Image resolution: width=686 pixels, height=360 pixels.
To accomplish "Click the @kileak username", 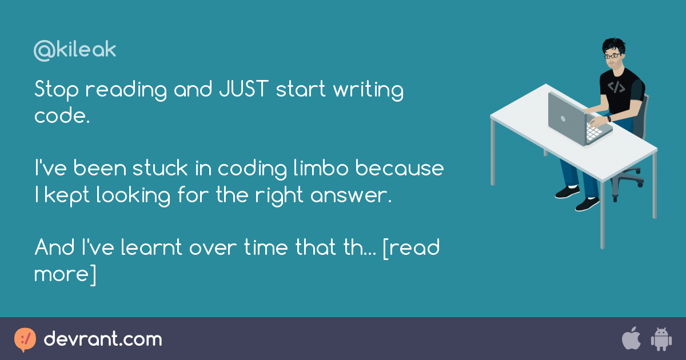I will (x=75, y=50).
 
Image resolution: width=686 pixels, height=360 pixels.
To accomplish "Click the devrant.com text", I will (x=103, y=339).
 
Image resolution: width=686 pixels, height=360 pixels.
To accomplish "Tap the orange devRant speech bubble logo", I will (x=25, y=339).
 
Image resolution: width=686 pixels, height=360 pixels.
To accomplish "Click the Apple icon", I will (x=631, y=339).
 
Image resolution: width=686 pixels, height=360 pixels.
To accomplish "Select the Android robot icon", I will (x=660, y=339).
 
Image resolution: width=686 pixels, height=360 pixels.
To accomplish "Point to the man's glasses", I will (x=612, y=56).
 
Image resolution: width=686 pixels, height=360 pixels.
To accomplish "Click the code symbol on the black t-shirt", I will (x=616, y=87).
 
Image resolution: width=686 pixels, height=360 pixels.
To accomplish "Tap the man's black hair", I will (x=613, y=45).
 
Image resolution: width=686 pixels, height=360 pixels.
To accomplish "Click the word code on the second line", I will (x=59, y=116).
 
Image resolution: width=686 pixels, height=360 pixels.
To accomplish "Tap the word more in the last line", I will (x=60, y=274).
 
